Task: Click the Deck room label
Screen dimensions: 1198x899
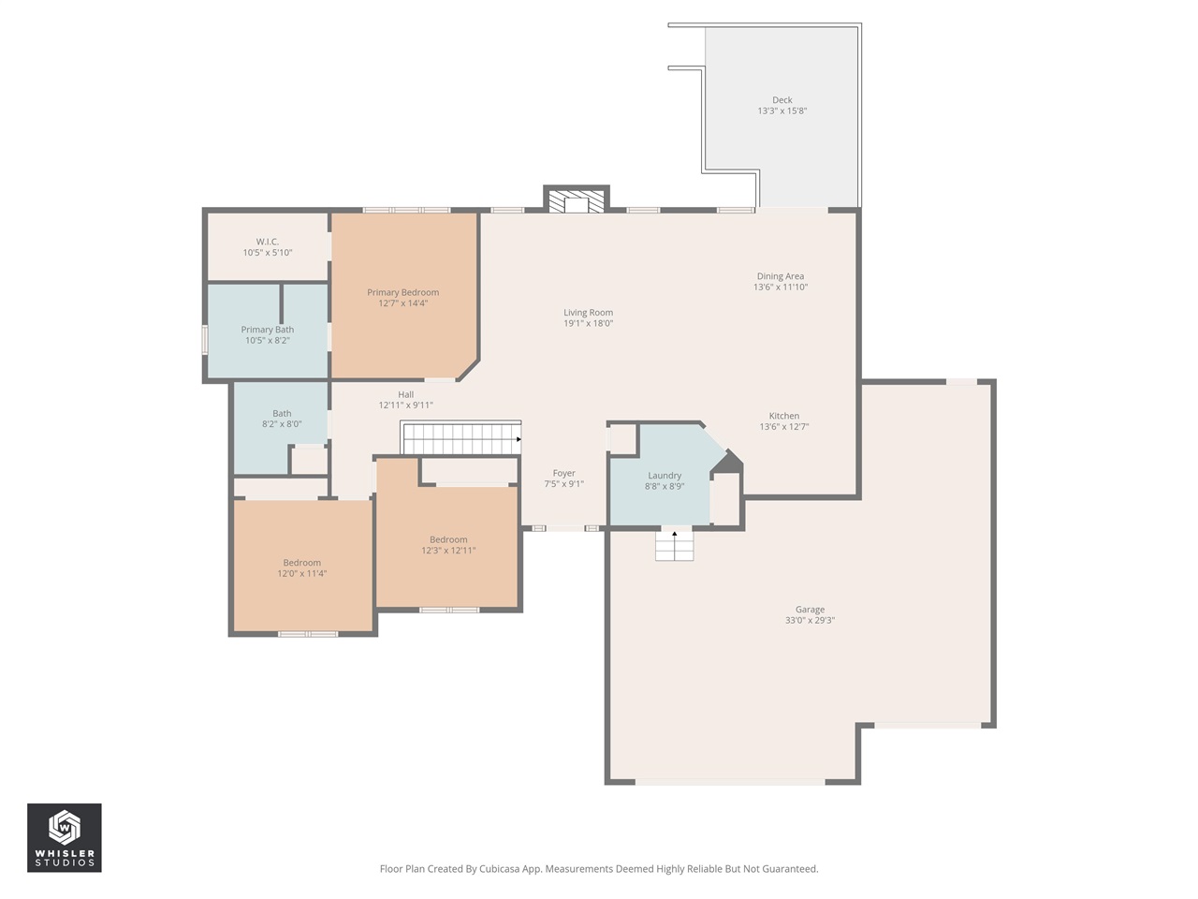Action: click(782, 100)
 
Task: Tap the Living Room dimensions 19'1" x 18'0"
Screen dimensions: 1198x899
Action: click(588, 323)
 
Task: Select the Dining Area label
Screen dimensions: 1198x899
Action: click(780, 276)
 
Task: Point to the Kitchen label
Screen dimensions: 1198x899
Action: click(783, 416)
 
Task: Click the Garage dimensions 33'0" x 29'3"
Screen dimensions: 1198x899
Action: click(810, 620)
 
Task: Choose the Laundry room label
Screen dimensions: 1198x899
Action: click(665, 476)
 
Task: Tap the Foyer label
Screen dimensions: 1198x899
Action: click(563, 473)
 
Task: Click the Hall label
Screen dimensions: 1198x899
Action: click(405, 394)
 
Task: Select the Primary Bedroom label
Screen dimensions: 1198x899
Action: click(402, 292)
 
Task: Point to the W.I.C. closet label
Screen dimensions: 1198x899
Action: click(268, 242)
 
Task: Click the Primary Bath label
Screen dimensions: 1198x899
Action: click(268, 330)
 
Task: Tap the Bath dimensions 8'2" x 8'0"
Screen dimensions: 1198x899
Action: click(282, 424)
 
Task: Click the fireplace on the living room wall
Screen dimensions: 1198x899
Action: click(576, 199)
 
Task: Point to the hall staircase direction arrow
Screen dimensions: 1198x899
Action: click(519, 439)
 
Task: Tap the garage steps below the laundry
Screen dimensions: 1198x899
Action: click(674, 545)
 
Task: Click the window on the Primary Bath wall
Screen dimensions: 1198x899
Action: click(205, 339)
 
